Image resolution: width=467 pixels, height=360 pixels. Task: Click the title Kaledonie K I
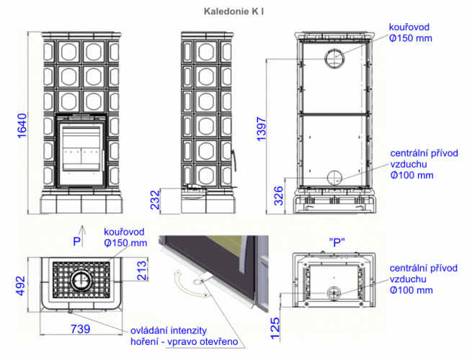[233, 12]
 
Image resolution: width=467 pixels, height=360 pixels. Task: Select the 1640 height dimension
[22, 125]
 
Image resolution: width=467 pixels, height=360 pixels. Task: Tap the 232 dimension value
[155, 200]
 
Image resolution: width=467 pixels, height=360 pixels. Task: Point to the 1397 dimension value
[261, 129]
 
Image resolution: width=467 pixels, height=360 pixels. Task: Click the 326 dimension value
[278, 196]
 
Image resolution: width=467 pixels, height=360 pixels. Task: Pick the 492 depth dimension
[20, 286]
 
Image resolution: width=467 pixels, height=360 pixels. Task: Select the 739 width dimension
[81, 329]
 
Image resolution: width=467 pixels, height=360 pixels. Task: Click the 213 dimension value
[143, 271]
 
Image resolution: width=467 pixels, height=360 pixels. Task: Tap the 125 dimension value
[275, 328]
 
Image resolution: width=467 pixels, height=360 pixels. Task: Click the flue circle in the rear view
[335, 58]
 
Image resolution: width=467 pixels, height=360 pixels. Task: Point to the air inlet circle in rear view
[335, 178]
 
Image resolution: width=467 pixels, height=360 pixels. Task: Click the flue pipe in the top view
[81, 280]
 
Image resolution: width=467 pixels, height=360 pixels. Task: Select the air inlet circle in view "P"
[334, 293]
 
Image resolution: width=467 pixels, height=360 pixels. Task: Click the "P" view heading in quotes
[337, 243]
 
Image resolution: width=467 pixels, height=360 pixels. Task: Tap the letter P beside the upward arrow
[76, 241]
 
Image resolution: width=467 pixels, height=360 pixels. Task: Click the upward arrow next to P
[83, 236]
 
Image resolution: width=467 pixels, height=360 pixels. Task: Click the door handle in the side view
[234, 161]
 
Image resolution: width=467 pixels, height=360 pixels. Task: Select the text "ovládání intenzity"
[169, 330]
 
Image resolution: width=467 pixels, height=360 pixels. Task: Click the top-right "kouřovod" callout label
[409, 27]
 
